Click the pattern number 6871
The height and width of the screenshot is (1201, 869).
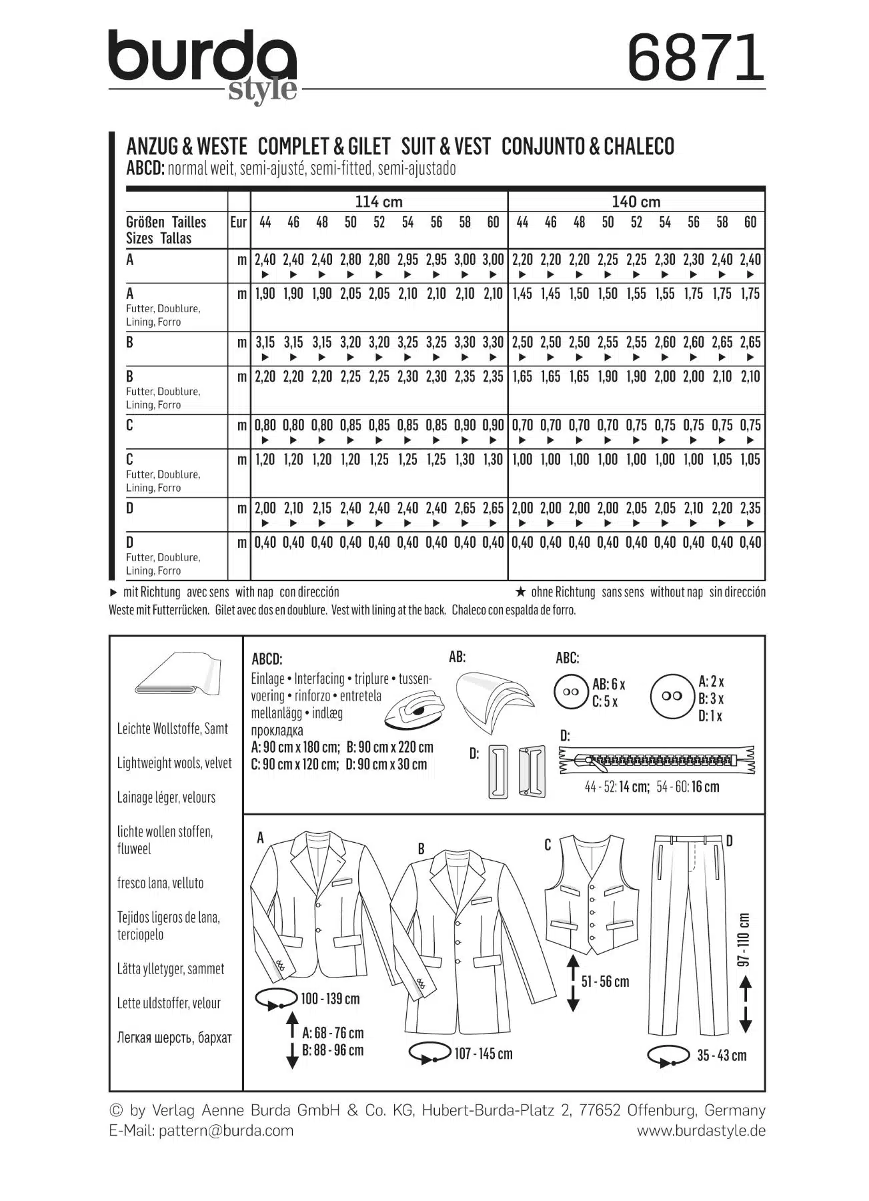click(696, 58)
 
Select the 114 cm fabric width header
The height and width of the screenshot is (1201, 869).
click(378, 202)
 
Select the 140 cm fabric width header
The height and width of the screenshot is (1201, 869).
click(636, 202)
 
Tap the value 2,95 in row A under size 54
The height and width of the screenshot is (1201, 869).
click(407, 260)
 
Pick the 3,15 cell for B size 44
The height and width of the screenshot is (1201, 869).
click(265, 342)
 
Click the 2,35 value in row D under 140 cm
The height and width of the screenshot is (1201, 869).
click(750, 508)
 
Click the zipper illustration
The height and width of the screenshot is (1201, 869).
click(657, 759)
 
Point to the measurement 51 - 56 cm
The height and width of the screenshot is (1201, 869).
click(605, 981)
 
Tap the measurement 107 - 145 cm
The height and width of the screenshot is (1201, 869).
click(484, 1054)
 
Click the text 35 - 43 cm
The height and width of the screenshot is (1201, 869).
click(722, 1056)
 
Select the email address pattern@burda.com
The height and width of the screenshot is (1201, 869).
click(226, 1130)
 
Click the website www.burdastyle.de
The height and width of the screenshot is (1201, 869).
click(701, 1130)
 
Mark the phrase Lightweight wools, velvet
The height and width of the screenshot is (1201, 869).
click(175, 763)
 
